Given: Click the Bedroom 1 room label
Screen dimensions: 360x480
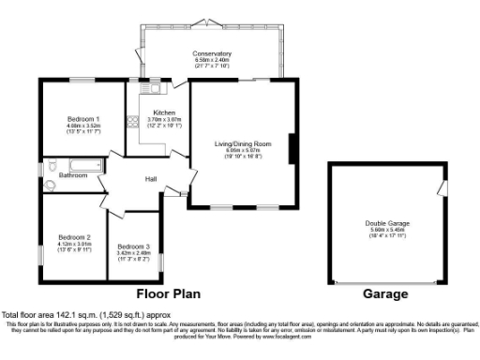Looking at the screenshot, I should tap(83, 119).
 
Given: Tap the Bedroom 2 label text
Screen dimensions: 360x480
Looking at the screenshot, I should tap(74, 237).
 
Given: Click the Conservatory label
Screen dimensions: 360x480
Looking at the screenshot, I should tap(211, 52).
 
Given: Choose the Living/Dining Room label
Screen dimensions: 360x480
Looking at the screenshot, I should tap(243, 143).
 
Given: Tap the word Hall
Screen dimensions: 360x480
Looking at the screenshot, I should tap(150, 178).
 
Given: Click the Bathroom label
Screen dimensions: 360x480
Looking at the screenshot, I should tap(73, 175).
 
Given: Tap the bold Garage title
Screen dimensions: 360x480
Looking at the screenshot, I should tap(385, 294).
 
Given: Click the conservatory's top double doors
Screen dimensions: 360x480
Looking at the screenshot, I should tap(211, 22).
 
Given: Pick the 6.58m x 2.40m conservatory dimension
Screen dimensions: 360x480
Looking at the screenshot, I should tap(211, 60).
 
